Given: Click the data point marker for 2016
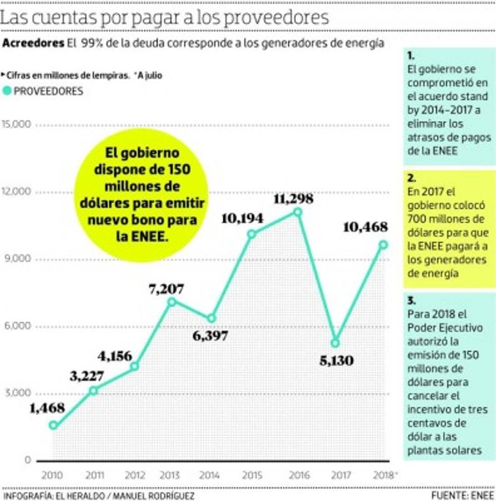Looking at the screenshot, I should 298,212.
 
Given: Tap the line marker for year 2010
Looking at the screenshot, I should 53,425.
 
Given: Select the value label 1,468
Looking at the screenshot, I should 47,407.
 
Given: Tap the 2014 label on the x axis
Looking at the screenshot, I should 209,475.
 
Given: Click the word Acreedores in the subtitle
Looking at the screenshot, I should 33,43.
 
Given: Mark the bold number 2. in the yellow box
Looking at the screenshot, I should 411,179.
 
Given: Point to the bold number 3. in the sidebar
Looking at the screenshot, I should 411,301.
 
